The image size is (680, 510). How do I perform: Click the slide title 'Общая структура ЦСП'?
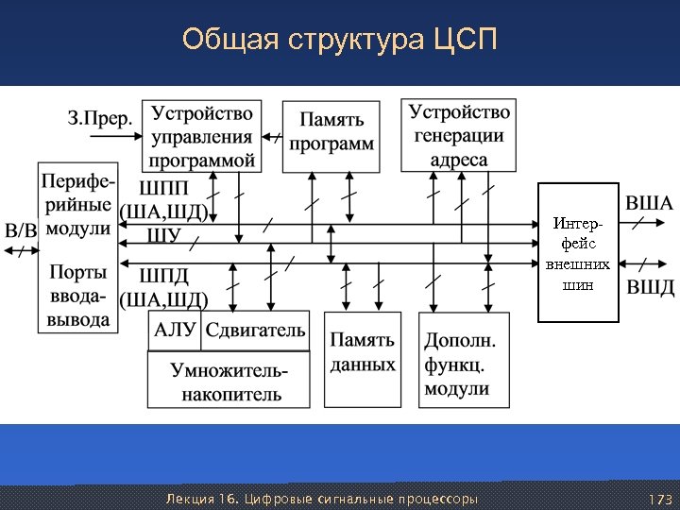339,42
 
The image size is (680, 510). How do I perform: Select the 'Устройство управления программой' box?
203,136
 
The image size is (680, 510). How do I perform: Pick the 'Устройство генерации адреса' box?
459,135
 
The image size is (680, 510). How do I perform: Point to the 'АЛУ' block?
175,331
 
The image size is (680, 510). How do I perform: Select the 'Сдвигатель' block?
256,331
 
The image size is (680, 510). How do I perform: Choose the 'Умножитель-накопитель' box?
228,381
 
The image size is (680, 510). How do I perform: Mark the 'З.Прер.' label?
99,119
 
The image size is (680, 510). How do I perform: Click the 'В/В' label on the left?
22,230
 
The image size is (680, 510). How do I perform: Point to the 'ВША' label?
650,203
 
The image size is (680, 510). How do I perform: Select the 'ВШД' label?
650,286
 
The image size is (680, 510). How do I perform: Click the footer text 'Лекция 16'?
203,498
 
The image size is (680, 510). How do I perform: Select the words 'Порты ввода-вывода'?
77,295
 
